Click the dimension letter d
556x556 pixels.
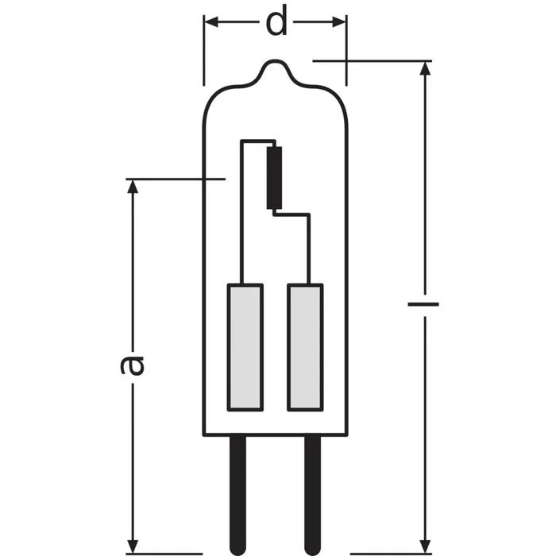[276, 23]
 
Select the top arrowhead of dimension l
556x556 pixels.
[427, 68]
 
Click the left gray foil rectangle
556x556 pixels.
[245, 346]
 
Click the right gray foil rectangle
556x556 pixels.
[307, 346]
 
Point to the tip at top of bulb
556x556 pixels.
[276, 61]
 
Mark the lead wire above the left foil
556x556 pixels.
[242, 238]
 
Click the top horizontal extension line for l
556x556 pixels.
[373, 60]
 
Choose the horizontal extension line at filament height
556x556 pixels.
[175, 180]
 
